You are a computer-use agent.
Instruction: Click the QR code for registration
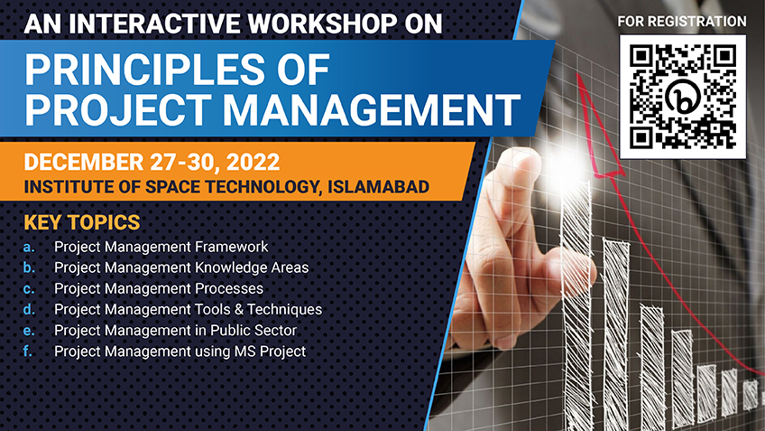683,97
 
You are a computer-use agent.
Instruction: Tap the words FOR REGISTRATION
682,22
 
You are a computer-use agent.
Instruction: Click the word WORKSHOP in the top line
322,23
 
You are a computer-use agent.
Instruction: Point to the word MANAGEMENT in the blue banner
372,110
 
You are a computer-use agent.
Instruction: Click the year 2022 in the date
253,163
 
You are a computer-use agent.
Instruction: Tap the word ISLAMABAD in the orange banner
379,187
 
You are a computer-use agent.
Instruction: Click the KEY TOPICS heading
82,222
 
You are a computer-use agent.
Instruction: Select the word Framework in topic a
231,247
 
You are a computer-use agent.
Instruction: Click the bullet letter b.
29,267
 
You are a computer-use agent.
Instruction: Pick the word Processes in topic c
229,289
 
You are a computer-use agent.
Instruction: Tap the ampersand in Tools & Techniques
238,309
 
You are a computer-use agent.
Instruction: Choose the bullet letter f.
27,351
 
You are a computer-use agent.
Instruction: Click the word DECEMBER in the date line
83,163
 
